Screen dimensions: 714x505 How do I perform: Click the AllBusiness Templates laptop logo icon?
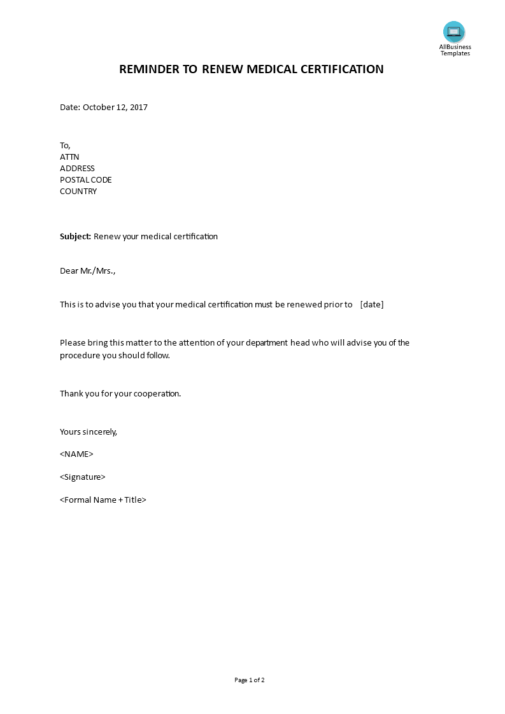point(454,32)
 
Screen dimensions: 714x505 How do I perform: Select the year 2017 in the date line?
point(138,108)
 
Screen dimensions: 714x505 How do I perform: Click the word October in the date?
point(99,108)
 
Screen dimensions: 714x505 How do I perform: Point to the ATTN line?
point(69,157)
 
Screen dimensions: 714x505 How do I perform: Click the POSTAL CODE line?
point(85,180)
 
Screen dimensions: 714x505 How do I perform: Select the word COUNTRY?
point(78,192)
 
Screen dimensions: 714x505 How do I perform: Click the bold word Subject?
point(76,237)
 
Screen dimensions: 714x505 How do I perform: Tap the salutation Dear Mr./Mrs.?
point(88,271)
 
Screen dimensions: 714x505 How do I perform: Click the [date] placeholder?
point(372,305)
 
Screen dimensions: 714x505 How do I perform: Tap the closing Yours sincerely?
point(89,432)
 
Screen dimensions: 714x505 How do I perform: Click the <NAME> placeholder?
point(76,454)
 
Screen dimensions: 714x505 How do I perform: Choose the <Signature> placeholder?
point(83,477)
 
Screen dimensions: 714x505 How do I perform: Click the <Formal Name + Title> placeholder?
point(103,500)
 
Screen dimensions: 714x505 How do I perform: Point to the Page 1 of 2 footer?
point(250,680)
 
